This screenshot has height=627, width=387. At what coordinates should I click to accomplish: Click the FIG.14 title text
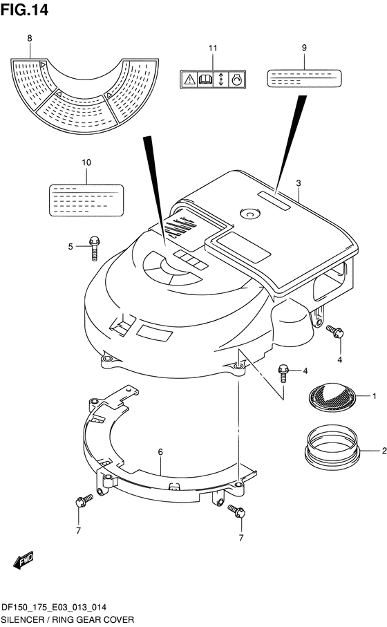24,10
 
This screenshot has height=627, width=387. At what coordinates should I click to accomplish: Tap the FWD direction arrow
23,560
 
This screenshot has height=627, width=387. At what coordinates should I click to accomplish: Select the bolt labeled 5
94,248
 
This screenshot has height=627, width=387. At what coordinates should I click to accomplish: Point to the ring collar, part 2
332,447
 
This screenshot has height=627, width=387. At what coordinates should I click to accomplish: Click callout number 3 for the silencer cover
299,183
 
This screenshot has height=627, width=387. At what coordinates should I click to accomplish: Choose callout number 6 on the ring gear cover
160,452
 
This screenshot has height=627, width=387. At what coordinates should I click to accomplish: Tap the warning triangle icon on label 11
189,79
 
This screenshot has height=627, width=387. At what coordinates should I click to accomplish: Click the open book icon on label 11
205,79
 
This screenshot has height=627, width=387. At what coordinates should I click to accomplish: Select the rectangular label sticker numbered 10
86,200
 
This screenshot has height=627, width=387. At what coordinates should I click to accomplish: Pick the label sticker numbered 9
304,78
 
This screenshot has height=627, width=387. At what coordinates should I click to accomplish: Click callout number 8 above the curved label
30,39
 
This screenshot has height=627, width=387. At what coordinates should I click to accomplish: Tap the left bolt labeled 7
83,500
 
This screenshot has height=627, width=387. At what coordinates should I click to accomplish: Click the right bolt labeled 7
236,511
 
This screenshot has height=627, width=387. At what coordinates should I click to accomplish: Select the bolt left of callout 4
283,373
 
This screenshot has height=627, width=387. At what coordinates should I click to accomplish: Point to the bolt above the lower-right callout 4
335,332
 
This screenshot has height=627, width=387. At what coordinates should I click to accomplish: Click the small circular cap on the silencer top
250,214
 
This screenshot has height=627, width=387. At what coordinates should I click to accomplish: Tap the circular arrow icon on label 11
236,79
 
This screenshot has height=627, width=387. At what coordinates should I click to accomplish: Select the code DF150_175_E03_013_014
54,608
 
